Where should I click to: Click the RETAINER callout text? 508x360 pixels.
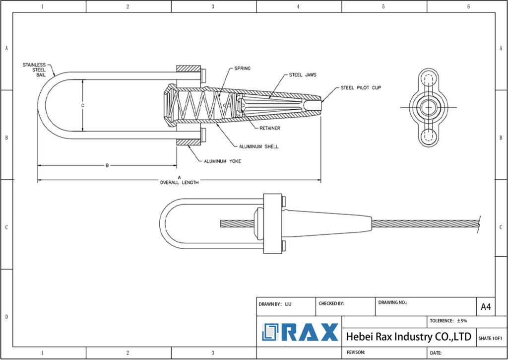(x=270, y=128)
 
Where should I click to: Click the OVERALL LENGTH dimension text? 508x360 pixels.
(x=179, y=182)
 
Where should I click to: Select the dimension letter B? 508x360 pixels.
(x=107, y=165)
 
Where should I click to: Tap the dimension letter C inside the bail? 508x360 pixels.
(x=83, y=105)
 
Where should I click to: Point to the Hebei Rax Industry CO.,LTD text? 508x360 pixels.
(x=408, y=337)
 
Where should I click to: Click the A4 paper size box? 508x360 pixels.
(x=486, y=307)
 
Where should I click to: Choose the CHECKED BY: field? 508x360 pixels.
(x=331, y=303)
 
